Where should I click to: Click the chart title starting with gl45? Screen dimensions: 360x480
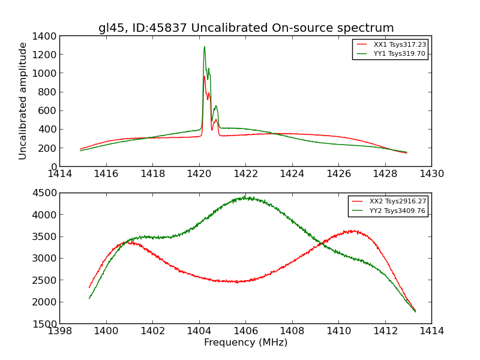[x=246, y=28]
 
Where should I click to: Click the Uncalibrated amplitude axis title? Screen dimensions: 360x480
[x=23, y=101]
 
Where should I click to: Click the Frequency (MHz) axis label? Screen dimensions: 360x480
[x=245, y=343]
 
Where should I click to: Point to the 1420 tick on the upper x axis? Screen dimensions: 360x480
[x=199, y=174]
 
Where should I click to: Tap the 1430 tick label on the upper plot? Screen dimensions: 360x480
[x=431, y=174]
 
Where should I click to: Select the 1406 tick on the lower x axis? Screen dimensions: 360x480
[x=245, y=331]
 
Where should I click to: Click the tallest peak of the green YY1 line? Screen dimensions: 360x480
[x=204, y=47]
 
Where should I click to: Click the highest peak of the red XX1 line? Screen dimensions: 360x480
[x=204, y=76]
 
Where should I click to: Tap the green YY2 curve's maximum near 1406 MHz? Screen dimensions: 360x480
[x=245, y=197]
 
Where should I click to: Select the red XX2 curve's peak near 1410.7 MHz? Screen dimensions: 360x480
[x=354, y=230]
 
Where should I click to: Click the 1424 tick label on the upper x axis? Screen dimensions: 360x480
[x=292, y=174]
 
